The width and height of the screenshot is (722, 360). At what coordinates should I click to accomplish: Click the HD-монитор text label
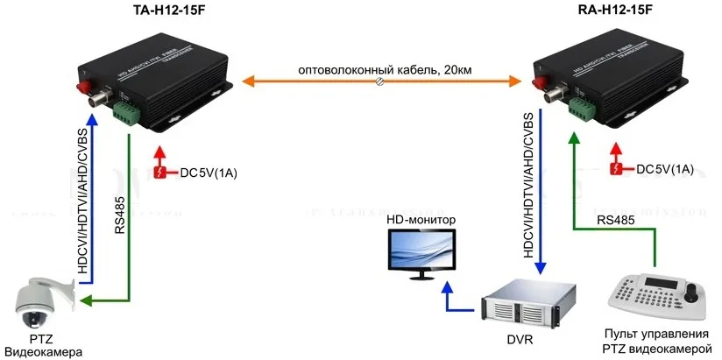[x=421, y=217]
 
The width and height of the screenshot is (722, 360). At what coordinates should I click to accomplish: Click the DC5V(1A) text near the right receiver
[x=664, y=168]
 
